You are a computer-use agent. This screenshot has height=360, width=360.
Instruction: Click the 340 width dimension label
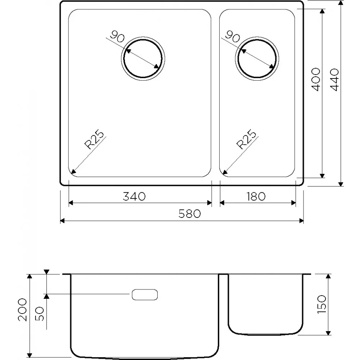134,197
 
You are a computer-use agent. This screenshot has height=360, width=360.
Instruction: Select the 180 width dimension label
256,197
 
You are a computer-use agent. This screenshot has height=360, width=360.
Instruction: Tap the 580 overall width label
190,214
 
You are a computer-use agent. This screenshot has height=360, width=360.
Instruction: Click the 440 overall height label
334,80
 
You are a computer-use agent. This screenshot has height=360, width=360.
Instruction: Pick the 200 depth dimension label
22,310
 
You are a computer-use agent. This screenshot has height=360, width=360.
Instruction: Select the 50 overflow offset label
40,314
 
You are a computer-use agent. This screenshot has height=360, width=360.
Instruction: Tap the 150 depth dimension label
321,305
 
